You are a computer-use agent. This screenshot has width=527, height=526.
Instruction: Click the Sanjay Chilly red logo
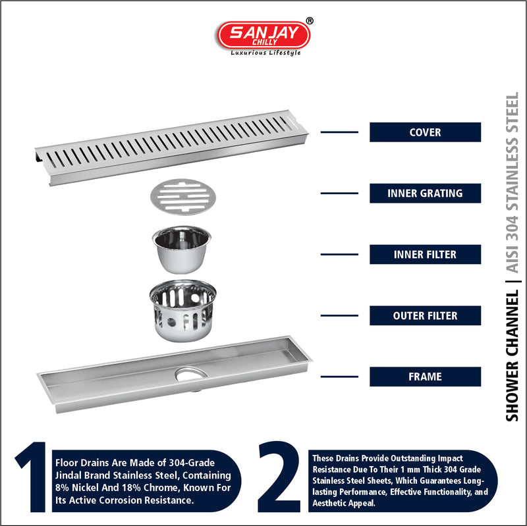[x=263, y=36]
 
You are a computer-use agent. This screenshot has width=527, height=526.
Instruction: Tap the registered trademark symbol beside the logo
[x=310, y=21]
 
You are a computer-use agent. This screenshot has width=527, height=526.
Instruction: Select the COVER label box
[x=425, y=132]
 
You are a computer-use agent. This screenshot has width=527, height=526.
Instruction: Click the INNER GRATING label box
[x=425, y=193]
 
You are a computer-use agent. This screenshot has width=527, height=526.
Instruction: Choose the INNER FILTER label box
[x=425, y=254]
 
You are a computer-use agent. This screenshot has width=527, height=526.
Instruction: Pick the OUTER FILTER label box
[x=425, y=315]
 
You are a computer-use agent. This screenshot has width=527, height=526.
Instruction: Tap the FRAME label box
[x=425, y=377]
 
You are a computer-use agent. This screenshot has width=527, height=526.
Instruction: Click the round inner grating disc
[x=183, y=197]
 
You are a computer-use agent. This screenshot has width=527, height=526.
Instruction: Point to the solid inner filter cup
[x=182, y=250]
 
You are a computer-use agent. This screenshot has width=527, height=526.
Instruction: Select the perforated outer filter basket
[x=183, y=311]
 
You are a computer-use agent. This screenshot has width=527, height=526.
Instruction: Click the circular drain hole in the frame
[x=190, y=375]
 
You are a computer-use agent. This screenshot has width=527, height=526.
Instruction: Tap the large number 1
[x=32, y=477]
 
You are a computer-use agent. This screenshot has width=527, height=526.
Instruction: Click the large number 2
[x=279, y=477]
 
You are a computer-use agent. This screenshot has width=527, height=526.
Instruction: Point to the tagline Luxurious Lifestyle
[x=265, y=53]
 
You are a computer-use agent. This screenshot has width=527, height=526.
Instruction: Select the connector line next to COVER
[x=339, y=132]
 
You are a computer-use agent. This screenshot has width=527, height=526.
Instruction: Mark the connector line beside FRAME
[x=339, y=377]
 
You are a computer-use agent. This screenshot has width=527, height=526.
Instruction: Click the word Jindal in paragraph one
[x=67, y=475]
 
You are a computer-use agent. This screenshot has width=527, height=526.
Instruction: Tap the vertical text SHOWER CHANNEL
[x=513, y=356]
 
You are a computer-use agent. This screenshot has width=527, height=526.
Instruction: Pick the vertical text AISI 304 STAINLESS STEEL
[x=513, y=182]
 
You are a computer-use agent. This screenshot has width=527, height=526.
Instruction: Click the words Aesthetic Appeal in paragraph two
[x=343, y=503]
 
